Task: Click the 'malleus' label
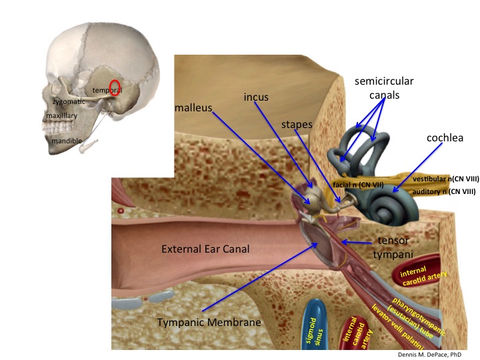[193, 107]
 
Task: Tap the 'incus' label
[255, 97]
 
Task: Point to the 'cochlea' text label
[445, 138]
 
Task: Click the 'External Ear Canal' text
[205, 249]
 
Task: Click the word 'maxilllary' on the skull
[62, 116]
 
